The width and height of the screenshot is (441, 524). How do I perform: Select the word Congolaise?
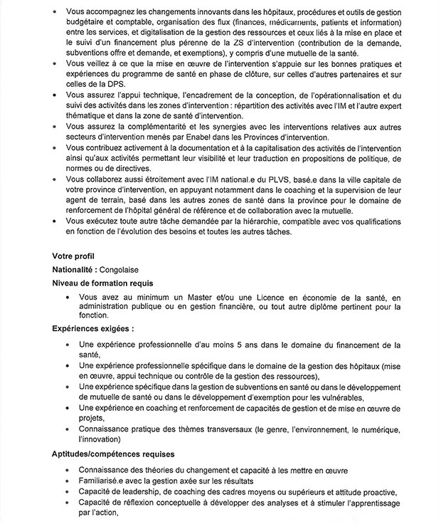(x=120, y=270)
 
